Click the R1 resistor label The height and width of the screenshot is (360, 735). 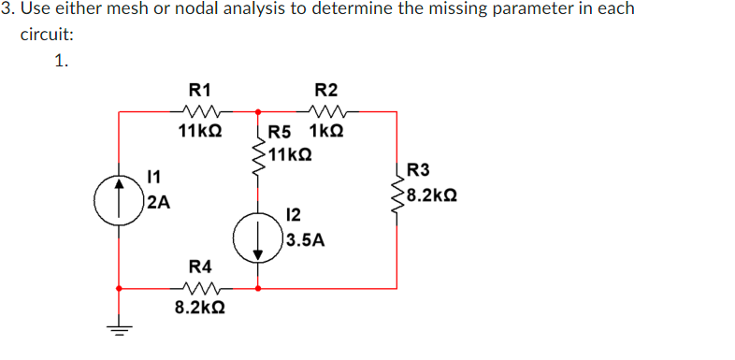coord(199,90)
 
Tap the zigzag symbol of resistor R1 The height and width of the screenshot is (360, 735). coord(199,112)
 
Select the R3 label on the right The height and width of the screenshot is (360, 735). coord(419,170)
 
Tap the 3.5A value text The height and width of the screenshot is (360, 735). coord(307,240)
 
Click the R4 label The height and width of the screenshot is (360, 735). coord(199,265)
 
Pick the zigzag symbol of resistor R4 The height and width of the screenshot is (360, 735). coord(199,288)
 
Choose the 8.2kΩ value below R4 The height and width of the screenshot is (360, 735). coord(199,307)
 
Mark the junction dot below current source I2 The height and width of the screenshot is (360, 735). coord(257,288)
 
